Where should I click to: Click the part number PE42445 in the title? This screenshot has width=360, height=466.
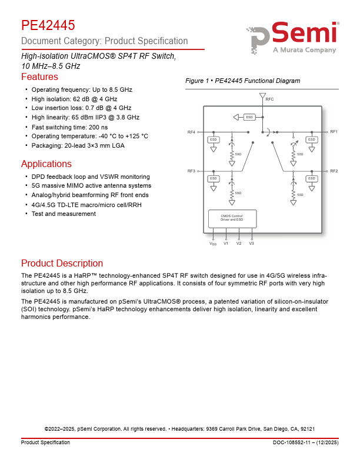tap(48, 25)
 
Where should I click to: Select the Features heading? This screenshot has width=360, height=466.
tap(39, 77)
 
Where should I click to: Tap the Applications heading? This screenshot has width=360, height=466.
tap(46, 164)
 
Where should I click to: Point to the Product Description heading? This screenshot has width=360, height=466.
tap(62, 263)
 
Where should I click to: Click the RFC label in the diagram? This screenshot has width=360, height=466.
tap(269, 99)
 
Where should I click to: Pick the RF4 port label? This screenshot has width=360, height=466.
tap(191, 132)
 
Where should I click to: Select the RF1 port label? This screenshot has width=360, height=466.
tap(334, 132)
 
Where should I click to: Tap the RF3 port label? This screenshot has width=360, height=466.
tap(191, 171)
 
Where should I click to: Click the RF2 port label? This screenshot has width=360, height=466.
tap(334, 171)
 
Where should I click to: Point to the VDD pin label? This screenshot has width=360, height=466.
tap(213, 244)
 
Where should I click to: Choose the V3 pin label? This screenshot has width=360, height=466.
tap(251, 243)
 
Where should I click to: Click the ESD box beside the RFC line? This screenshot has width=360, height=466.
tap(249, 116)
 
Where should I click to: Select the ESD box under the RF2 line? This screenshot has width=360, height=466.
tap(311, 178)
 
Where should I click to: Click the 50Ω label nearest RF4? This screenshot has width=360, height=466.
tap(238, 154)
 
